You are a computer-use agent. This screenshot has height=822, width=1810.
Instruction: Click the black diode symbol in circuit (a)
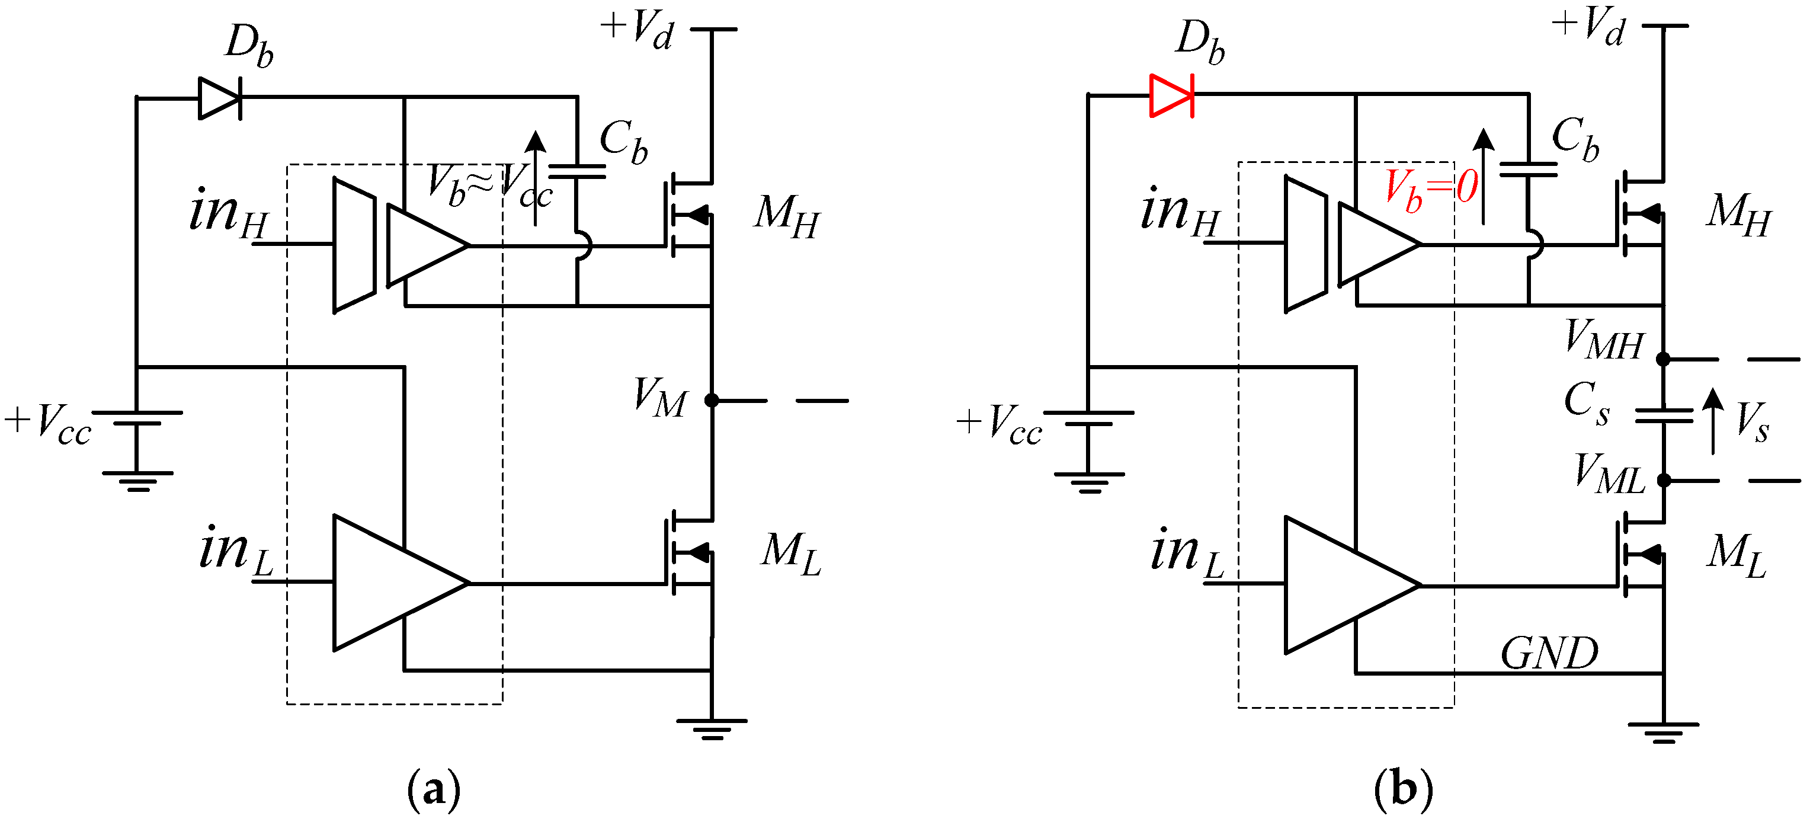(220, 98)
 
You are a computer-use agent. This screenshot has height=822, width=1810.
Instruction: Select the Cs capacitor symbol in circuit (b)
(1664, 416)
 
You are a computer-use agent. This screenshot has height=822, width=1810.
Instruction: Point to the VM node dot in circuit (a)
(712, 401)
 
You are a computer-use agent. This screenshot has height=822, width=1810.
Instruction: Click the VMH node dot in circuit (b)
(1663, 359)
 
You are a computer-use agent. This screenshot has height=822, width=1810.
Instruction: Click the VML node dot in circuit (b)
(1664, 481)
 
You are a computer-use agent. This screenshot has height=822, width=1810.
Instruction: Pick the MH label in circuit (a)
(786, 216)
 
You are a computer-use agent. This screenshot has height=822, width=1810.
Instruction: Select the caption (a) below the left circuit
(434, 789)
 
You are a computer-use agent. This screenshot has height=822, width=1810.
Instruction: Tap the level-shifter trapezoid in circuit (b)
(1305, 243)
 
